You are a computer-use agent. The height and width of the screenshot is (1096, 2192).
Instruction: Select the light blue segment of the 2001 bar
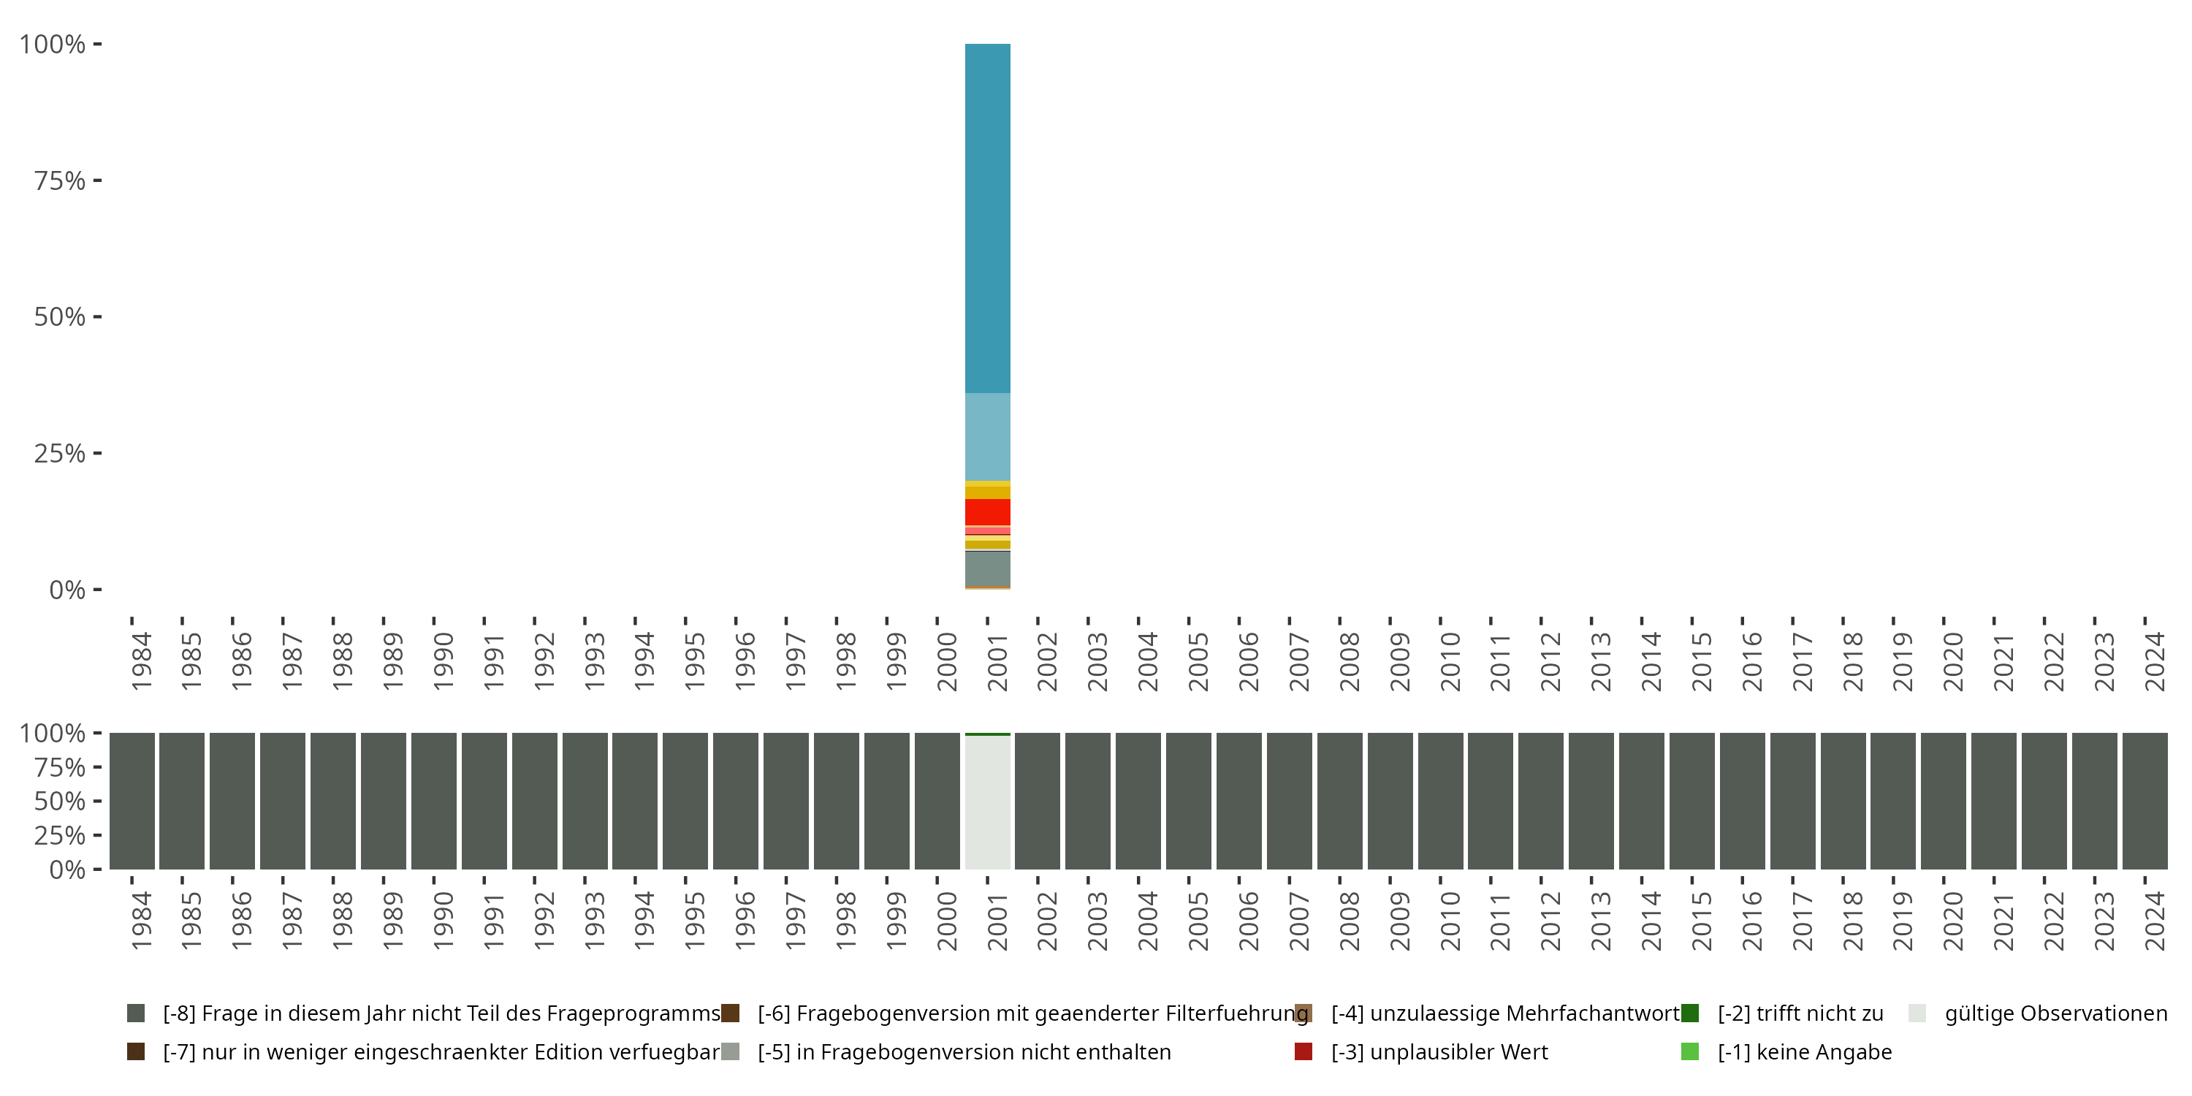(987, 436)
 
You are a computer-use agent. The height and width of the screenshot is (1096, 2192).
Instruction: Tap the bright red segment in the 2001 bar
(987, 511)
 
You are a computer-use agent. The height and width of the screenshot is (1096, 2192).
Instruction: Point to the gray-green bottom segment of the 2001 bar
(987, 569)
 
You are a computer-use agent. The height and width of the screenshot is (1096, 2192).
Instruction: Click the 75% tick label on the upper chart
(60, 180)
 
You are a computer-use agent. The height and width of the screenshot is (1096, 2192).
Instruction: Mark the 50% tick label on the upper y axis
(60, 317)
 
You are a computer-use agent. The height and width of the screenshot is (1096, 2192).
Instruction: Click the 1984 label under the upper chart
(141, 661)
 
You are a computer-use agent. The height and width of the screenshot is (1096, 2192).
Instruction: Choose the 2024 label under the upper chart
(2155, 661)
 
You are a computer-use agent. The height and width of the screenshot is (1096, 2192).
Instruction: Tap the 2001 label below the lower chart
(997, 921)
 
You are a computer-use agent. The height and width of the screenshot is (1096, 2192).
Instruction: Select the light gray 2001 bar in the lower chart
(987, 802)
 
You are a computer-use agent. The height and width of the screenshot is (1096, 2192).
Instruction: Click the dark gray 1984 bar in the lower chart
(132, 801)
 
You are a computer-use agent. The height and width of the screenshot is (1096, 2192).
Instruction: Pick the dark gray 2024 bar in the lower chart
(2145, 801)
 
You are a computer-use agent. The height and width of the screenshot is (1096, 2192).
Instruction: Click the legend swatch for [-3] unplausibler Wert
(1303, 1051)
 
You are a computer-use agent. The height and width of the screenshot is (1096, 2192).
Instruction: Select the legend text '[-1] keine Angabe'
(1804, 1051)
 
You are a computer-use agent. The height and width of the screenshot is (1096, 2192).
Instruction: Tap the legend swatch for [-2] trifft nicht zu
(1689, 1013)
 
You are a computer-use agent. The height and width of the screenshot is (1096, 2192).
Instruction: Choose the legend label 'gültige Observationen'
(2055, 1013)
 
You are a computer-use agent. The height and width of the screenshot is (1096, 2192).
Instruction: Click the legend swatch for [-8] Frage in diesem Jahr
(135, 1013)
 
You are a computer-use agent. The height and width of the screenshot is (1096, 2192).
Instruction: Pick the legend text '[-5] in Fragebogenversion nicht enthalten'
(964, 1051)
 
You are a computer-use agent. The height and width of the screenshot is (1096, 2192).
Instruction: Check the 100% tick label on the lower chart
(53, 733)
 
